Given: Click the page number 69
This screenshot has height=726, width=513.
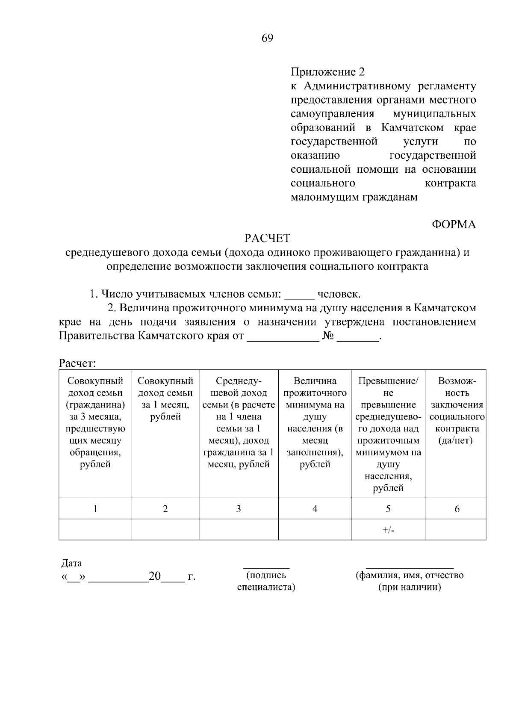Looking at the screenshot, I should [267, 38].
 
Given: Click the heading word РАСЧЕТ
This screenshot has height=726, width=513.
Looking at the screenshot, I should [267, 238].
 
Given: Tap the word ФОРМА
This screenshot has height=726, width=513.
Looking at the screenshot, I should [454, 224].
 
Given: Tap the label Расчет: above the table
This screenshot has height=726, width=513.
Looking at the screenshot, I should [77, 364].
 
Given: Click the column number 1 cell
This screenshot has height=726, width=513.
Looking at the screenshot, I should [95, 509].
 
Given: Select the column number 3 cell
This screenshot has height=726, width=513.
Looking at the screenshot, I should [239, 509].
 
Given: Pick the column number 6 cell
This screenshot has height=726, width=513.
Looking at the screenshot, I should [457, 509].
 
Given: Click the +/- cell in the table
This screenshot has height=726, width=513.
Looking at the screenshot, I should [388, 530].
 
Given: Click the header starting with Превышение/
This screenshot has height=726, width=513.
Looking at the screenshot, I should [388, 434].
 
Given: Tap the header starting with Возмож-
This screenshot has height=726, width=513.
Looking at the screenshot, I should [457, 410].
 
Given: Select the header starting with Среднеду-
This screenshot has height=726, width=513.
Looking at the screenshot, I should [239, 422].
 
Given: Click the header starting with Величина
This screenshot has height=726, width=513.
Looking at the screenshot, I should [315, 422].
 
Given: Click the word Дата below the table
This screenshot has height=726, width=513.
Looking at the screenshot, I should [72, 563].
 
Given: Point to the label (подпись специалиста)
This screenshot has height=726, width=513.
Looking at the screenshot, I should [266, 581].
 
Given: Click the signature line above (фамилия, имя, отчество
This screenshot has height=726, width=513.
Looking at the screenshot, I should [410, 567].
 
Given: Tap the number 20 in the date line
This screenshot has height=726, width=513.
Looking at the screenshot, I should [154, 577].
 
